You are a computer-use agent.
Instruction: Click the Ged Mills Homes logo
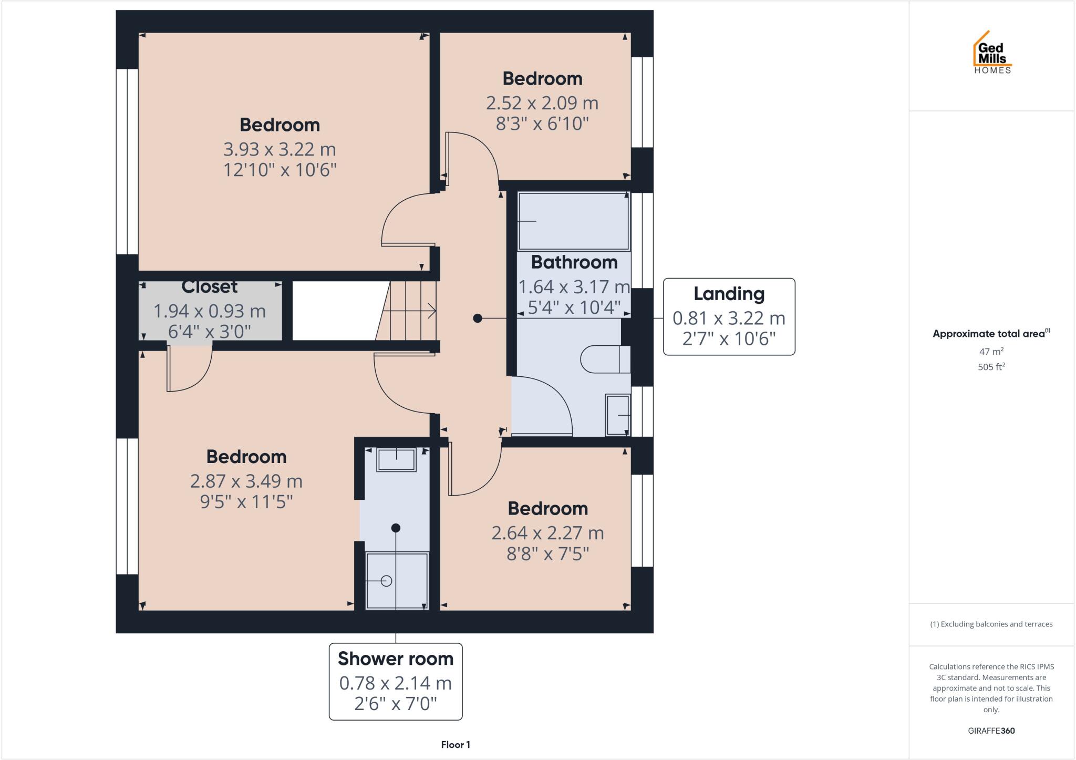tap(992, 53)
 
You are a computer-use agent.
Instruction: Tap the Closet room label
tap(209, 287)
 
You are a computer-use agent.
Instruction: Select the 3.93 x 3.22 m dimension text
tap(280, 149)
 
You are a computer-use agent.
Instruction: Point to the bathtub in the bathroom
tap(573, 221)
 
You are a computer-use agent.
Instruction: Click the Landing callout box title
tap(729, 294)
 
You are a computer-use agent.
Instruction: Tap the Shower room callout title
tap(395, 659)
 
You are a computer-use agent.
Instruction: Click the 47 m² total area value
tap(991, 352)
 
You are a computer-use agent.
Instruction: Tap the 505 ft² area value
tap(991, 367)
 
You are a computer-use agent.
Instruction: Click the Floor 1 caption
tap(456, 745)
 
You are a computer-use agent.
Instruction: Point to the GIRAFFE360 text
tap(991, 731)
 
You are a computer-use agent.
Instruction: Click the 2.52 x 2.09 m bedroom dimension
tap(542, 103)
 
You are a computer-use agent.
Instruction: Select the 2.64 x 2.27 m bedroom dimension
tap(547, 533)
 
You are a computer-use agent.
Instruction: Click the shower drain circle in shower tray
tap(387, 581)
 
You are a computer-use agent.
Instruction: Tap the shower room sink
tap(396, 460)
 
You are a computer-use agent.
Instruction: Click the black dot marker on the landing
tap(477, 318)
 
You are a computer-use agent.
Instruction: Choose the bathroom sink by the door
tap(618, 415)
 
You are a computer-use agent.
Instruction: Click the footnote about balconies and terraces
tap(991, 624)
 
